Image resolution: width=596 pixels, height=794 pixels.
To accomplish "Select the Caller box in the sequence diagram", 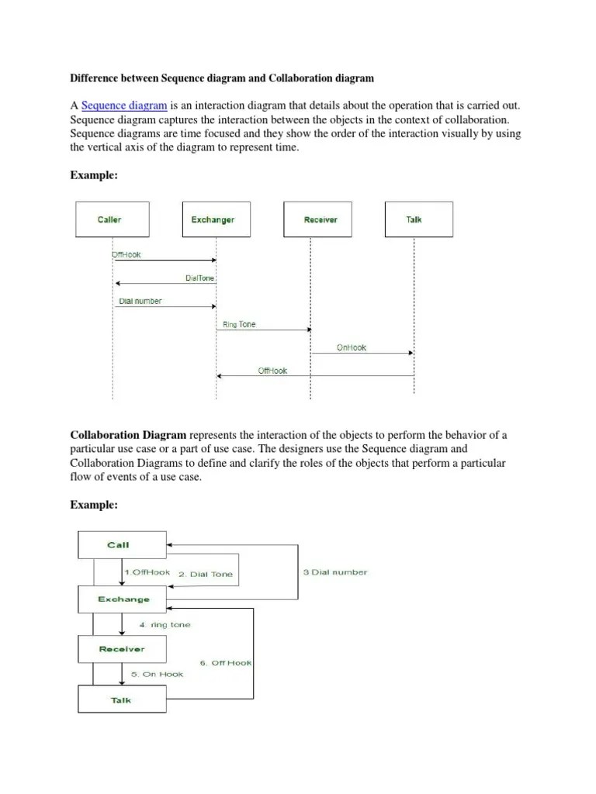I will [x=109, y=219].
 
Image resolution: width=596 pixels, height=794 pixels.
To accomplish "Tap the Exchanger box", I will [x=213, y=219].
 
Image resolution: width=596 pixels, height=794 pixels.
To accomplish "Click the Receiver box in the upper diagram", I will [x=321, y=219].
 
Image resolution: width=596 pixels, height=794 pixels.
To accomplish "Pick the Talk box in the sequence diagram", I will [x=414, y=219].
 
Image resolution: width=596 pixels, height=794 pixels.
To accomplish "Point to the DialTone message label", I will [x=200, y=278].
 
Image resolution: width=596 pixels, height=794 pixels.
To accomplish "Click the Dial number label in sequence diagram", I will [x=140, y=302].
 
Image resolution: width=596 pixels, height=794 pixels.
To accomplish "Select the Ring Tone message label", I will [x=239, y=325].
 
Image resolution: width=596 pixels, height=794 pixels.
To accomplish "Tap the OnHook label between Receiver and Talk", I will [x=352, y=348].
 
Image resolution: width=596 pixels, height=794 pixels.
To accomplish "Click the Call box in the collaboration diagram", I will [x=121, y=544].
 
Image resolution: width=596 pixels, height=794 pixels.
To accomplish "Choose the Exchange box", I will [x=123, y=599].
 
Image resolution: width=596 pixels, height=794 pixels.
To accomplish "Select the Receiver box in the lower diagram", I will [x=122, y=648].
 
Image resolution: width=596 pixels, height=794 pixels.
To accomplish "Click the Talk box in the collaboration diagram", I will [x=122, y=700].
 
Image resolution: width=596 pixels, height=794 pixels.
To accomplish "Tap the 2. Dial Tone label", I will [x=205, y=575].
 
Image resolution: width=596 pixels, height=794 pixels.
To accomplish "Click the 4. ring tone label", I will [x=165, y=624].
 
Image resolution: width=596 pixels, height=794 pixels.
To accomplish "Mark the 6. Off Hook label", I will [x=226, y=663].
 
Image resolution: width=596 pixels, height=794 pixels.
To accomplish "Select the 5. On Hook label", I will [x=157, y=674].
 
